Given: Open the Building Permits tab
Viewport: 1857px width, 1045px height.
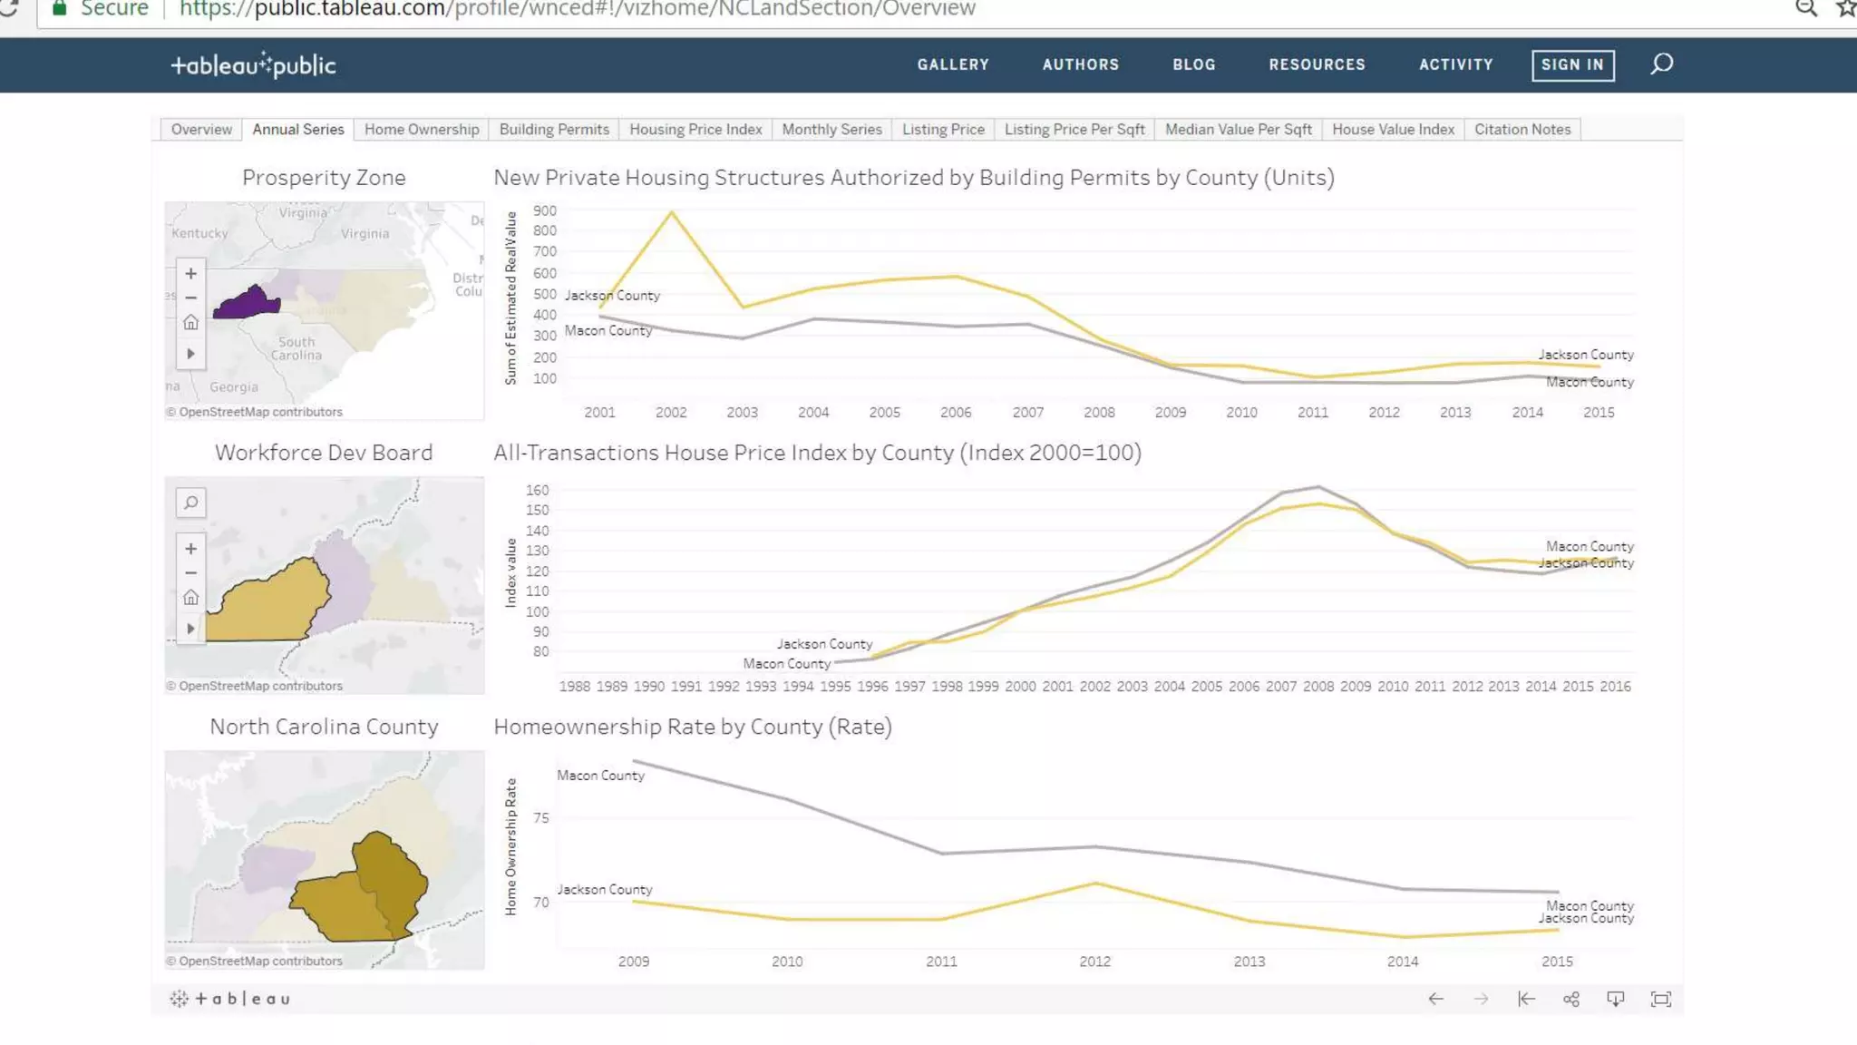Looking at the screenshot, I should click(554, 130).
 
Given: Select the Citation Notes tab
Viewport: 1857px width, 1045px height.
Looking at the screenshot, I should click(1522, 130).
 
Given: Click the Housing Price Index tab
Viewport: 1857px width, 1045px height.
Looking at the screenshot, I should click(695, 130).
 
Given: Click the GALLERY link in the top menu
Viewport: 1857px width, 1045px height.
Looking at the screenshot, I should click(952, 64).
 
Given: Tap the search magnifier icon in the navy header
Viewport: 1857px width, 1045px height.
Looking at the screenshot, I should click(1661, 64).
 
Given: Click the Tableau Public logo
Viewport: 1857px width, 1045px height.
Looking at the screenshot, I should click(254, 65).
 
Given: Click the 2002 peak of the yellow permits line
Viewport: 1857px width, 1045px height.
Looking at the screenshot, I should click(671, 212).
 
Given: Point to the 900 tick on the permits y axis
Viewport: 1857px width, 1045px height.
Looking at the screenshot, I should click(545, 210).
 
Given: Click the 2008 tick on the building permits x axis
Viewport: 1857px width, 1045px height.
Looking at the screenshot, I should click(1099, 413).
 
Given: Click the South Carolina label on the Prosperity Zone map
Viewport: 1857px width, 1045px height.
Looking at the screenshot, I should click(297, 348).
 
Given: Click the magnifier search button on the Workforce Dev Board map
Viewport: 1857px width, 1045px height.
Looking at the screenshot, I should click(190, 503).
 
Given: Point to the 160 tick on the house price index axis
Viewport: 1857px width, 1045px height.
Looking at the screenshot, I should click(537, 490).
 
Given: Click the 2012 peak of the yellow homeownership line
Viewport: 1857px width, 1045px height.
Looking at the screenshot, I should click(1095, 883).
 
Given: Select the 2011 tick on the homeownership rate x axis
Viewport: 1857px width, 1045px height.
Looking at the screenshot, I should click(941, 962).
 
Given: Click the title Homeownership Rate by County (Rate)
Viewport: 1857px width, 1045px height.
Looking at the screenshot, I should click(693, 727).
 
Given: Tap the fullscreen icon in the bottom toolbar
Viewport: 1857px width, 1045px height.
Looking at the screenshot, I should click(1660, 999).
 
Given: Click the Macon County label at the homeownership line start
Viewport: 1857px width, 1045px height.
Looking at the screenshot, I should click(600, 776).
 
